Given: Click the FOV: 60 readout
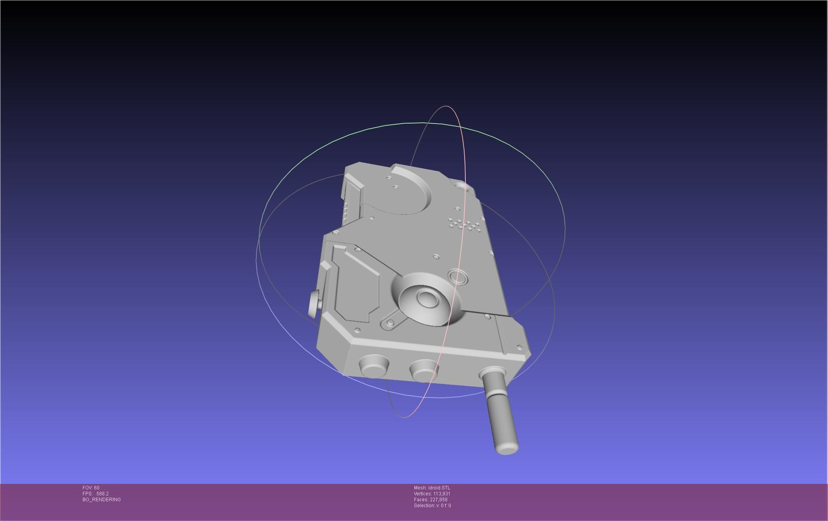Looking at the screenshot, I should pos(91,488).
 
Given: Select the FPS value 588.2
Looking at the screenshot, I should pos(102,494).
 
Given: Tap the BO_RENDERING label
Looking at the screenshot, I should pos(102,500).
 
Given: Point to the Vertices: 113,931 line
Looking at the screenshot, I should pos(432,494).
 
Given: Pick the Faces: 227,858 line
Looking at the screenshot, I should pos(431,500).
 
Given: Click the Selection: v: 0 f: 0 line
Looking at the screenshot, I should pos(432,506).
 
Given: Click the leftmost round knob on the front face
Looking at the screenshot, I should pos(373,366).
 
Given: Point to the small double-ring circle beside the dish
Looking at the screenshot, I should pos(457,277).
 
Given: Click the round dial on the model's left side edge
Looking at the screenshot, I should pos(314,304).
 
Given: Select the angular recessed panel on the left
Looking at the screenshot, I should pos(356,284).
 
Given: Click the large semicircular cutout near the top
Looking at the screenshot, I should pos(403,193).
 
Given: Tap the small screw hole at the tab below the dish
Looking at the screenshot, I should pos(390,323).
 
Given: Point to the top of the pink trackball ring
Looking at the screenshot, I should pos(446,106).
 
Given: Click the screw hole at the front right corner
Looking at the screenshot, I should pos(519,347).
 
